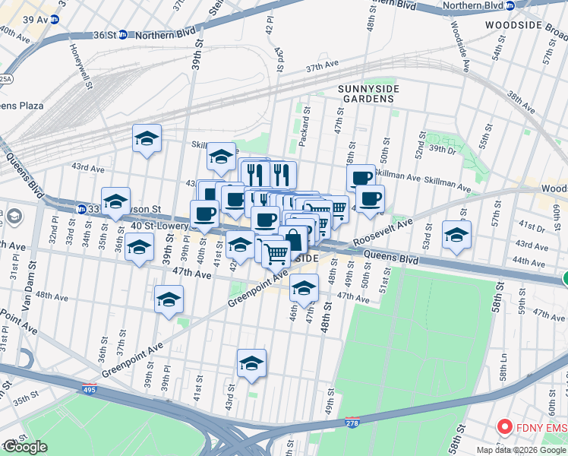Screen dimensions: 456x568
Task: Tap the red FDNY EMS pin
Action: [x=503, y=428]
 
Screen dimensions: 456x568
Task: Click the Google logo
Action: [x=25, y=447]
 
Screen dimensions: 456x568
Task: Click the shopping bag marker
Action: [x=293, y=240]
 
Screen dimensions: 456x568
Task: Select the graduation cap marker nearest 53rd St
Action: [x=456, y=235]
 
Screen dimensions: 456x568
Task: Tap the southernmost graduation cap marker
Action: [x=251, y=364]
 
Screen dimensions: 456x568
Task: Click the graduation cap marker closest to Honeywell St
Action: [x=147, y=138]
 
